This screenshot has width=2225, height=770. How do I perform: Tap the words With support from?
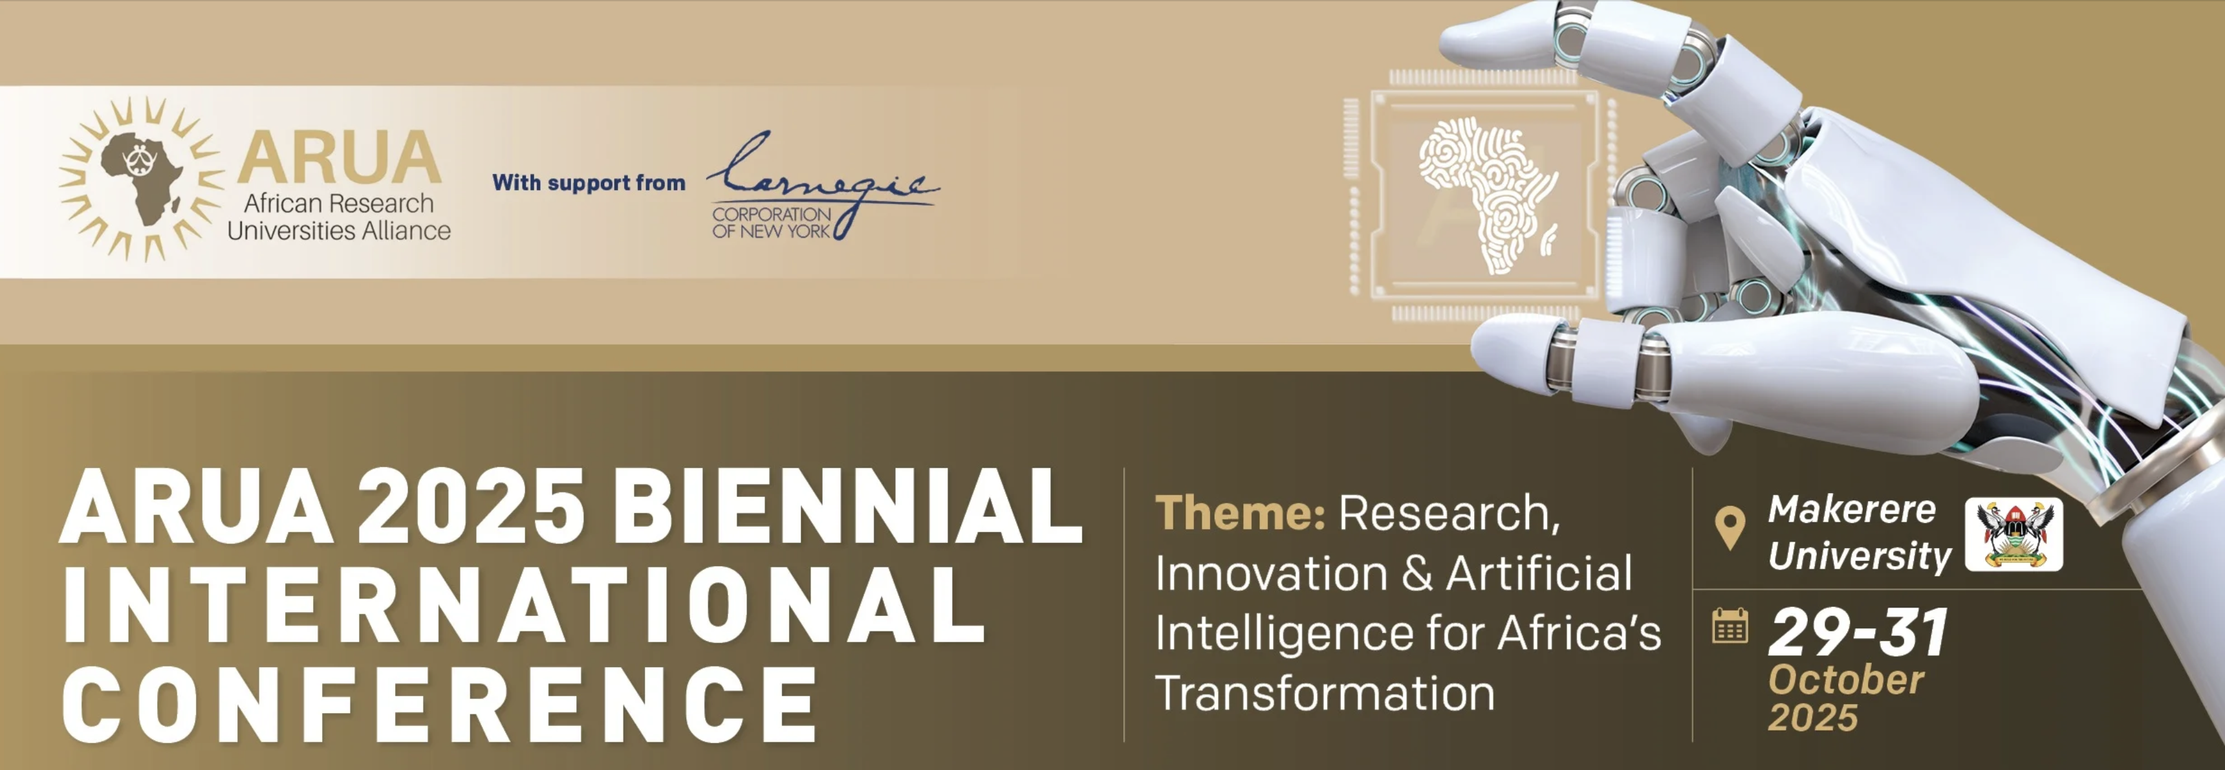tap(588, 182)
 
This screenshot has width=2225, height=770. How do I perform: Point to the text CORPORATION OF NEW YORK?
tap(772, 222)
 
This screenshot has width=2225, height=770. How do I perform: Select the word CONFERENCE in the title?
tap(439, 703)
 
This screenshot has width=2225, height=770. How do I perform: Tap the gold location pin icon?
tap(1729, 527)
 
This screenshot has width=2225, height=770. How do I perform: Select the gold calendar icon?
tap(1730, 626)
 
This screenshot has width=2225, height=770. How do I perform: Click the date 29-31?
tap(1858, 633)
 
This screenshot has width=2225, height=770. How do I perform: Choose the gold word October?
tap(1846, 681)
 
